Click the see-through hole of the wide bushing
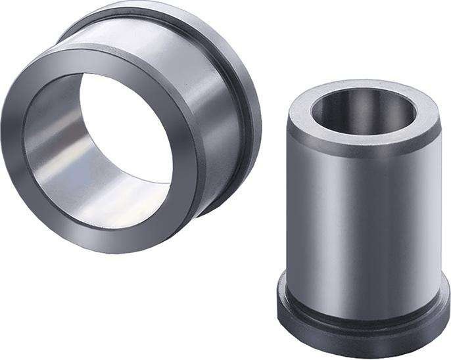click(125, 125)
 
